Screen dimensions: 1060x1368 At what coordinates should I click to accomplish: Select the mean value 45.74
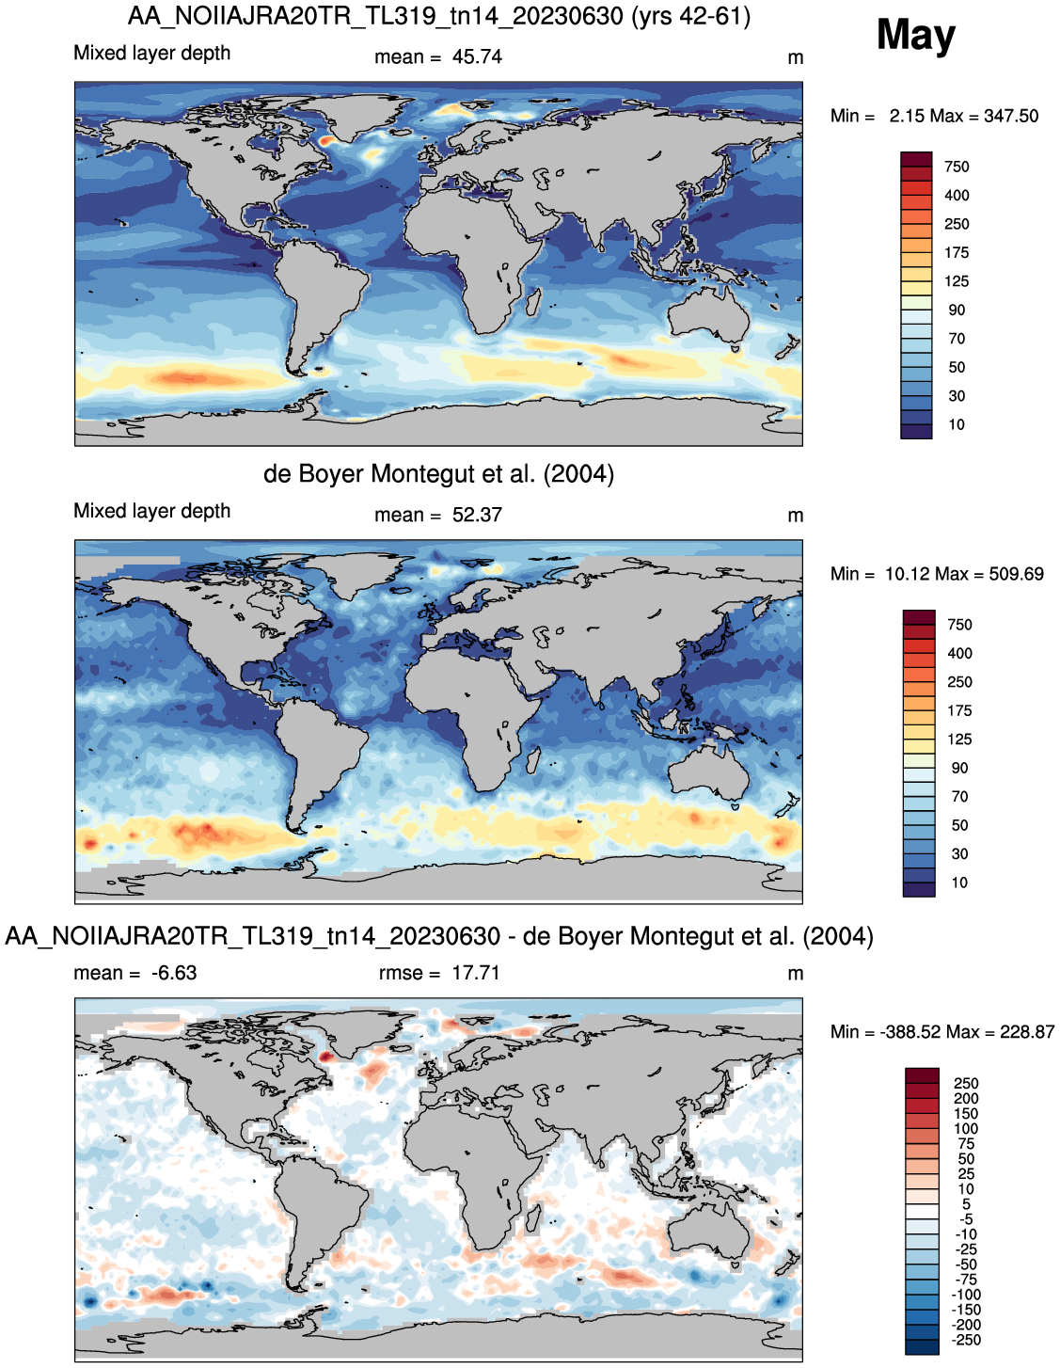pyautogui.click(x=477, y=57)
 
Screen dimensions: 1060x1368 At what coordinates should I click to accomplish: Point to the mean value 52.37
pyautogui.click(x=477, y=515)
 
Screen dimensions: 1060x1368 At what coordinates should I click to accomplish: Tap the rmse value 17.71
pyautogui.click(x=475, y=973)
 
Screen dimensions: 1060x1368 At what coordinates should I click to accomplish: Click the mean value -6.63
pyautogui.click(x=174, y=973)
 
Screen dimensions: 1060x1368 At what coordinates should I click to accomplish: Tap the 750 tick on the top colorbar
pyautogui.click(x=957, y=167)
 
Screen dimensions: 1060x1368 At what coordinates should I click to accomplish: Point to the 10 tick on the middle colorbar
pyautogui.click(x=959, y=883)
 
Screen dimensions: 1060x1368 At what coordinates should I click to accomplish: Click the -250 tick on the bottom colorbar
pyautogui.click(x=966, y=1340)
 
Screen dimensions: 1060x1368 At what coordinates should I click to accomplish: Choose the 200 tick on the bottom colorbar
pyautogui.click(x=966, y=1098)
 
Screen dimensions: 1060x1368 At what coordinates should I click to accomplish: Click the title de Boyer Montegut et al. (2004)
pyautogui.click(x=438, y=474)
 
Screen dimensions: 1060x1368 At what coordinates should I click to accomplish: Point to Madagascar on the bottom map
pyautogui.click(x=533, y=1217)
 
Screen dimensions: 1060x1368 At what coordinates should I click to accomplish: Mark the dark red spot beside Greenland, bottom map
pyautogui.click(x=324, y=1057)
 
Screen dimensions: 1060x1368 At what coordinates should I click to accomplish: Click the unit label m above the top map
pyautogui.click(x=795, y=58)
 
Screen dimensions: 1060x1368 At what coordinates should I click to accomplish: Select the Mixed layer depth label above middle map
pyautogui.click(x=152, y=511)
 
